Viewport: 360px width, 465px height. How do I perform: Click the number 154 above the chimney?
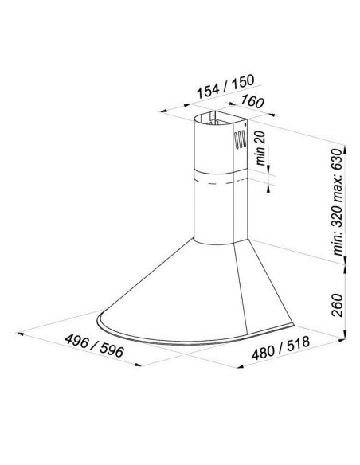pos(208,90)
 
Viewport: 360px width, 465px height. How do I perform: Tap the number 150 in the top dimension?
pos(243,81)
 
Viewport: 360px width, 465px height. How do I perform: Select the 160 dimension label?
pos(252,101)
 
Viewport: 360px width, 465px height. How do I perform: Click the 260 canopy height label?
pos(337,306)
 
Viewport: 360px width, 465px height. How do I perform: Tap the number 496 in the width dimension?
pos(77,342)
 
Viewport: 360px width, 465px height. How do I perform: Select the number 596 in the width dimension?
pos(112,351)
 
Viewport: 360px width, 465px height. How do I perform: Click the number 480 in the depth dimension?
pos(263,352)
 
